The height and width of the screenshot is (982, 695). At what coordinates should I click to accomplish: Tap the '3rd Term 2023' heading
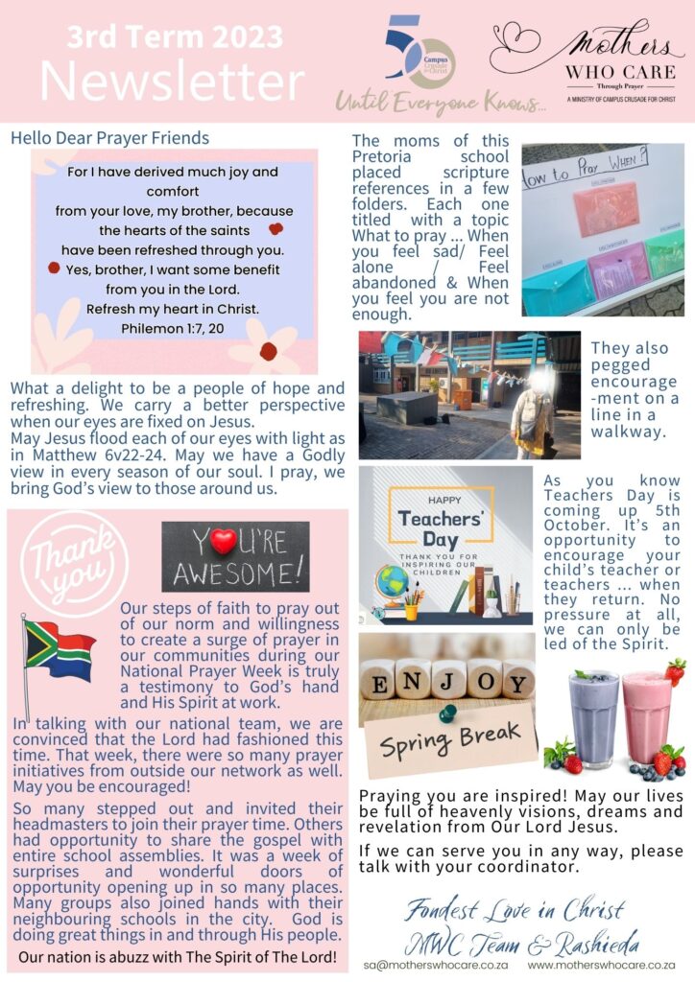[x=175, y=36]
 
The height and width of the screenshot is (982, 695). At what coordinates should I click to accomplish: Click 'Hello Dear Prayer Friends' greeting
[x=109, y=138]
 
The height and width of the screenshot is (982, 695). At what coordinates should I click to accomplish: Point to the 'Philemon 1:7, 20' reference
[x=174, y=328]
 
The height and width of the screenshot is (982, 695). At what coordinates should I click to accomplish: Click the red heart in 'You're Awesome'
[x=223, y=542]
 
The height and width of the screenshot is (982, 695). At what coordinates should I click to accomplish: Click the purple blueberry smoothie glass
[x=593, y=719]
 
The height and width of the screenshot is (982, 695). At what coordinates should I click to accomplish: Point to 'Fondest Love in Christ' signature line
[x=514, y=909]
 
